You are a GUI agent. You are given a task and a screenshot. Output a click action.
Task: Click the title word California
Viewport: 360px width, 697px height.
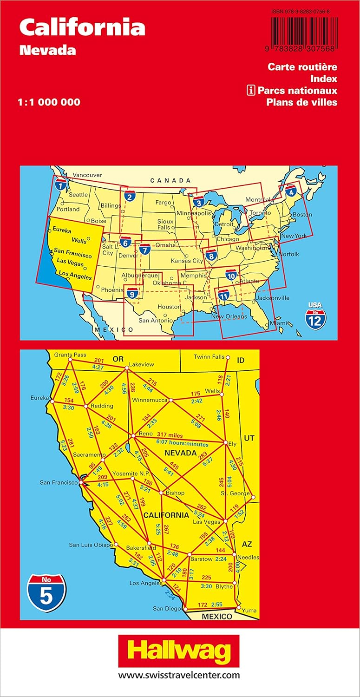coord(82,28)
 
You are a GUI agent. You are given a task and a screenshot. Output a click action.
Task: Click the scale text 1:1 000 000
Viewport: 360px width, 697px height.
coord(50,102)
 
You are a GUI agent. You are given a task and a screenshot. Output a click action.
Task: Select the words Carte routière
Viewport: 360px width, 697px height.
coord(302,67)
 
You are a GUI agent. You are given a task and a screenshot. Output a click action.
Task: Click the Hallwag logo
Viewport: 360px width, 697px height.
coord(179,651)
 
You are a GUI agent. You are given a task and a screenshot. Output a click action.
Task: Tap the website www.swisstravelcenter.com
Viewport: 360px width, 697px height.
coord(179,675)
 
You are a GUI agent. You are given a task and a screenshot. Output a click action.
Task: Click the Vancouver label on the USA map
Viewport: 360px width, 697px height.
coord(87,175)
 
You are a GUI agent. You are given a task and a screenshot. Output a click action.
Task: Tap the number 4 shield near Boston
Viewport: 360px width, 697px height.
coord(291,191)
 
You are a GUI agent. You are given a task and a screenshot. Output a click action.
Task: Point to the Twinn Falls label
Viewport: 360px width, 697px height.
coord(209,356)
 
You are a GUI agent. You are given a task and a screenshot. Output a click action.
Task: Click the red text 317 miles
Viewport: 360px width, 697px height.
coord(170,435)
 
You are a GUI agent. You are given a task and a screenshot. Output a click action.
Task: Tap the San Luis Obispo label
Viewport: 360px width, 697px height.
coord(91,545)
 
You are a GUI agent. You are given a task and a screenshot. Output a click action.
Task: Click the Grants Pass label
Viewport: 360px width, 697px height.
coord(70,355)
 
